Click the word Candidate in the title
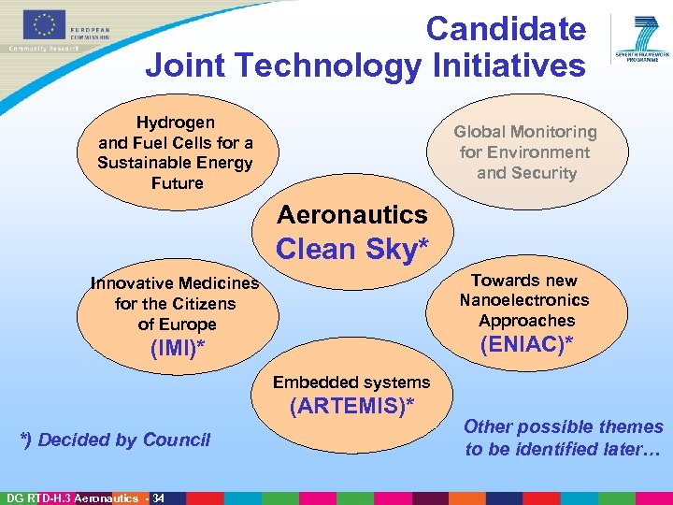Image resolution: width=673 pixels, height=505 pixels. [x=506, y=29]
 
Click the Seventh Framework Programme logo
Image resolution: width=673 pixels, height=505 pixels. [x=640, y=38]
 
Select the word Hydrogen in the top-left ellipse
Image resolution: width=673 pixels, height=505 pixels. [x=176, y=123]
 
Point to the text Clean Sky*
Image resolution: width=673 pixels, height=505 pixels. [x=352, y=250]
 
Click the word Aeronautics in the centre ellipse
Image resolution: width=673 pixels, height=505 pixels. [x=352, y=214]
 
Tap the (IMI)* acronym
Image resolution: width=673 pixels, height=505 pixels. [x=177, y=349]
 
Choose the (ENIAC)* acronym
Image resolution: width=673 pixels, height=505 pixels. [x=525, y=344]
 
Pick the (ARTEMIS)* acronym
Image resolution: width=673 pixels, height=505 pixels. [x=351, y=406]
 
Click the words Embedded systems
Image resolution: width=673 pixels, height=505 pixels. [x=351, y=382]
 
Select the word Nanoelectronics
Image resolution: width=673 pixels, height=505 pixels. [x=524, y=300]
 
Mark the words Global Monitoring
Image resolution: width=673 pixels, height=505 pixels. [x=525, y=132]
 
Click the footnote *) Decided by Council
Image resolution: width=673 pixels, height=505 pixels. [x=116, y=440]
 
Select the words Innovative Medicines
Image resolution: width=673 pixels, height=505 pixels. [x=175, y=283]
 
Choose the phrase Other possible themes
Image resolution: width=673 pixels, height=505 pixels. [x=564, y=426]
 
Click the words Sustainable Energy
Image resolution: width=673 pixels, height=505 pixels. [x=175, y=163]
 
